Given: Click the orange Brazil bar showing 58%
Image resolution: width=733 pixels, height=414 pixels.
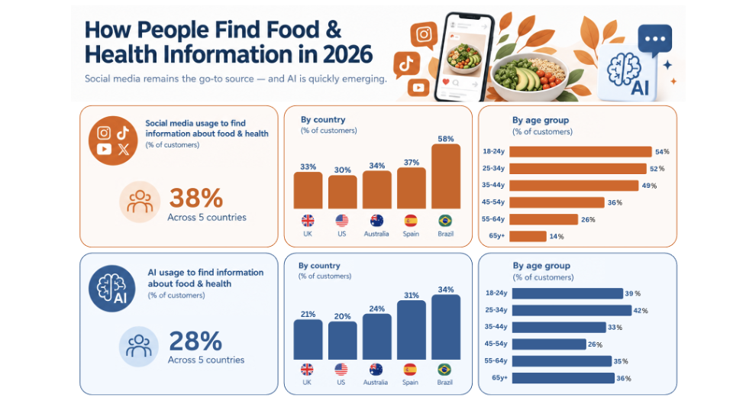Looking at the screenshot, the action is point(445,176).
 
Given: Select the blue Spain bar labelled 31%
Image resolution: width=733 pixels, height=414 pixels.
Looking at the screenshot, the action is point(412,330).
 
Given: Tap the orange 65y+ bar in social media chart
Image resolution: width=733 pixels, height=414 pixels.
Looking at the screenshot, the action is point(528,236).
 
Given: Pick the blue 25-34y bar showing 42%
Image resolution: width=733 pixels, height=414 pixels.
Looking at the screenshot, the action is point(572,310).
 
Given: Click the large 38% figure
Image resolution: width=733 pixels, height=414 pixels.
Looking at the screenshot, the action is point(196,198).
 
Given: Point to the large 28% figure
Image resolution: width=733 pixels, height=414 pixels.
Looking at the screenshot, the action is point(195,341).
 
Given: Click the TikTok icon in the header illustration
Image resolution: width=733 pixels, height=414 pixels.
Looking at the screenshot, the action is point(405,63).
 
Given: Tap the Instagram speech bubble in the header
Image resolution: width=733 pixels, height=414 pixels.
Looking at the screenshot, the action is point(424,35).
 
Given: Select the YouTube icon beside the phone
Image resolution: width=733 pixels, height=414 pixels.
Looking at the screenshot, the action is point(418,88).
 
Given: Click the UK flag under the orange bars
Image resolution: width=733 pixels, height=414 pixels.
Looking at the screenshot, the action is point(308,220).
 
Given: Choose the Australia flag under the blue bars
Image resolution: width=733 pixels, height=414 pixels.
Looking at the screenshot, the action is point(376,370).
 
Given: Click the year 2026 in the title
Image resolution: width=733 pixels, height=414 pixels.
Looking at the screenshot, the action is point(347,54).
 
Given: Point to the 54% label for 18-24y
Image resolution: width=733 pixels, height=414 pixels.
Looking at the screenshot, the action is point(662,151).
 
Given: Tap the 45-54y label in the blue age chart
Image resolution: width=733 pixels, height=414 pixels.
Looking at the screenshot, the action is point(496,344).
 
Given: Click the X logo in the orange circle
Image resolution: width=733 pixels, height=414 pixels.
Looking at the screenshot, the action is point(124,149).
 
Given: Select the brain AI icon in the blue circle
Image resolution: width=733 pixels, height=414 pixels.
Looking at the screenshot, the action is point(111,289).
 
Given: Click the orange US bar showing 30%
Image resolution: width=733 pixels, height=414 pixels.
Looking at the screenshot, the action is point(343,192).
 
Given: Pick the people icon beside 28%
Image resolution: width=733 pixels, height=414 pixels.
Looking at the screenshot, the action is point(139,346).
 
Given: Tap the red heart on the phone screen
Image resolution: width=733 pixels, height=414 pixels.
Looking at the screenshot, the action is point(445,82).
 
